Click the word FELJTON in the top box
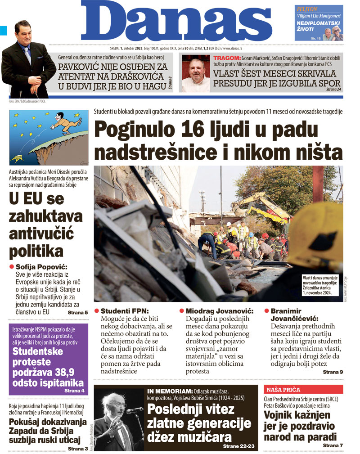[307, 9]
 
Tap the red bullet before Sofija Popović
[12, 267]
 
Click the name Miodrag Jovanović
[220, 311]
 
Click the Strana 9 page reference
[333, 372]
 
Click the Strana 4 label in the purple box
[75, 391]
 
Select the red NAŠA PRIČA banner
[283, 390]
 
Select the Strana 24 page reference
[333, 90]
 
